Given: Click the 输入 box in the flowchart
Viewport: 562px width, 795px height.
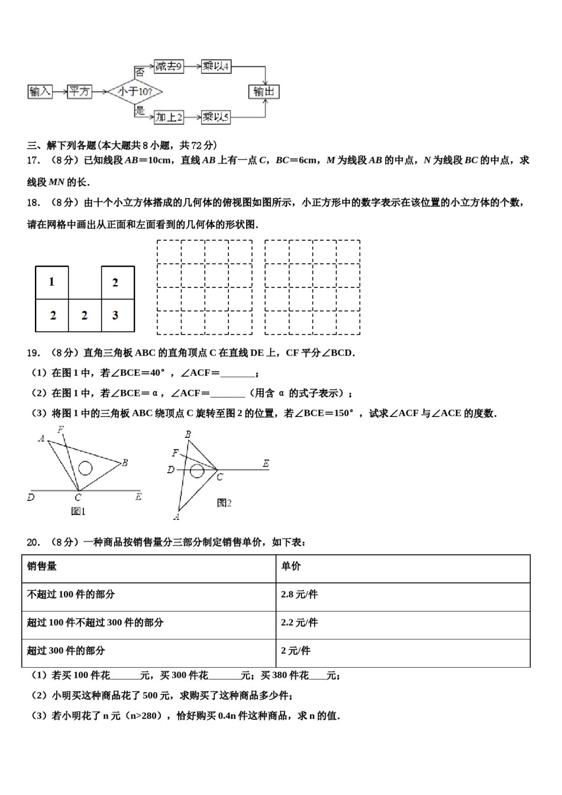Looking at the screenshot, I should pos(40,92).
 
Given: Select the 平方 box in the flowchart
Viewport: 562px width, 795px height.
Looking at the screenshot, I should pos(79,92).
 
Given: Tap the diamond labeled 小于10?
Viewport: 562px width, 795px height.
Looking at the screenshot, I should pos(135,92).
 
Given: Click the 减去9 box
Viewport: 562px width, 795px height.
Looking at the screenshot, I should pos(169,66).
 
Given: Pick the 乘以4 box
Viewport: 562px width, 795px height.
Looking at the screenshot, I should pos(215,66).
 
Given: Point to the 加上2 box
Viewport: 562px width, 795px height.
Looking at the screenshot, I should pos(169,117).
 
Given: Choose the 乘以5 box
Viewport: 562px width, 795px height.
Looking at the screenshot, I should pos(215,117).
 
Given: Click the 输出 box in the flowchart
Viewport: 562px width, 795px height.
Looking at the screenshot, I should pos(263,92).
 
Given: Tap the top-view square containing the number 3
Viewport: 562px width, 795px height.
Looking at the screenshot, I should pos(117,315).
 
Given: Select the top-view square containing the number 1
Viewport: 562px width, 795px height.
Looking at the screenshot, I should pos(52,282).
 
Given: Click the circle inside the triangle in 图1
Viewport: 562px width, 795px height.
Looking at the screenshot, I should pos(85,468).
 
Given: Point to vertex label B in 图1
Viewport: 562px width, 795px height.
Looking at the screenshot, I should pos(125,463).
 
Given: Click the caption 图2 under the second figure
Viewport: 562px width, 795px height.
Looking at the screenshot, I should pos(224,503).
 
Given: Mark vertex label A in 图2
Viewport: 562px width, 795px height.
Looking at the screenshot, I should pos(176,517).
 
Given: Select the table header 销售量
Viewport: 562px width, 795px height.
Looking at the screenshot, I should pos(42,567).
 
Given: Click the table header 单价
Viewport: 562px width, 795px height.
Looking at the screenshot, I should pos(290,567).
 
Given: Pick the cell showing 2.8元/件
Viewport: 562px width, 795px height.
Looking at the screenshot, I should pos(299,594).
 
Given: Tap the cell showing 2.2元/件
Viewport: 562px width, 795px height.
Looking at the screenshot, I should pos(299,622).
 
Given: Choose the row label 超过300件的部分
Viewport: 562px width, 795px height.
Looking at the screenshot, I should pos(66,651).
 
